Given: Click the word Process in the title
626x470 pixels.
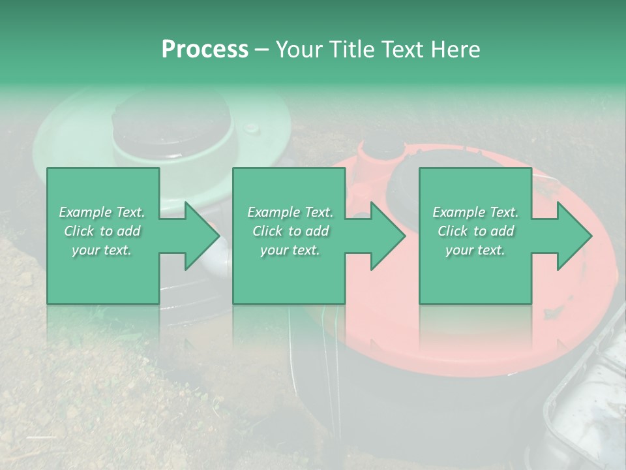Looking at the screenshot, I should point(205,50).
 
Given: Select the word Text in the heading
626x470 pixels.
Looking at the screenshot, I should point(402,50).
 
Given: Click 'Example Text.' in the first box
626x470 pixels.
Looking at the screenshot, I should point(102,212).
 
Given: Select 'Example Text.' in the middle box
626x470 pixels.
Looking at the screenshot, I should point(290,212).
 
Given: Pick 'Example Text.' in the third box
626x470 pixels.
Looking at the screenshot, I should point(475,212).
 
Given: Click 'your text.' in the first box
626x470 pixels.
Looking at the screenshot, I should point(102,250).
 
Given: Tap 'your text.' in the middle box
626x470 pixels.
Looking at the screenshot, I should point(290,250).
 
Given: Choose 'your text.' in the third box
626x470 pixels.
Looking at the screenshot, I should point(475,250).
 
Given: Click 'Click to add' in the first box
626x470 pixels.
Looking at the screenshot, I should point(102,231).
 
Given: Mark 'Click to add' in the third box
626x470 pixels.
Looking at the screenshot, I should point(475,231).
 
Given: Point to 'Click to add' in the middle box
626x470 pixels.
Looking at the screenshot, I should point(290,231).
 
